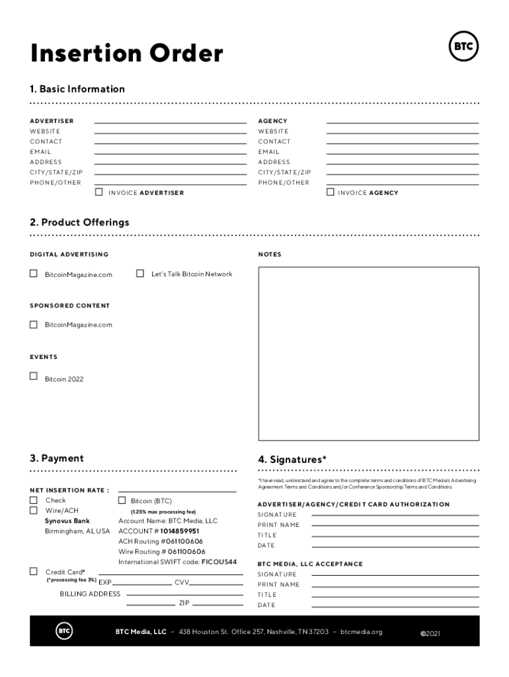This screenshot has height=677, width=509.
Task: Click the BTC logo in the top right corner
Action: [463, 47]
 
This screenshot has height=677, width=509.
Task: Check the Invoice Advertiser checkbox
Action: [99, 192]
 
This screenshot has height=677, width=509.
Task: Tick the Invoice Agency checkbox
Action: [331, 192]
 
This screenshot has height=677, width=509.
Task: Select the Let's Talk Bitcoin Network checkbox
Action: [140, 273]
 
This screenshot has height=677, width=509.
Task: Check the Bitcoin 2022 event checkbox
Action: [34, 376]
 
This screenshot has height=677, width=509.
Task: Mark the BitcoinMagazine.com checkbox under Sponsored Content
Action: [34, 325]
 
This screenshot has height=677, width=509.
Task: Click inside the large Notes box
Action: [368, 353]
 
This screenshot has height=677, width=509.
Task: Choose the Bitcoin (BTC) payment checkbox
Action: [122, 500]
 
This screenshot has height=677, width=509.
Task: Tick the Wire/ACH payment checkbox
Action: [34, 510]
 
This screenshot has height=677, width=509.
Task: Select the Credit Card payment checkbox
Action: [34, 571]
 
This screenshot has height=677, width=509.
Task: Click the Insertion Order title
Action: [126, 54]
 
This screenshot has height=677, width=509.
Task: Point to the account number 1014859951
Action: [180, 531]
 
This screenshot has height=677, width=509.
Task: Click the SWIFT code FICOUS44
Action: [219, 562]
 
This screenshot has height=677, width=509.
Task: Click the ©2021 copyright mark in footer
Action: [430, 633]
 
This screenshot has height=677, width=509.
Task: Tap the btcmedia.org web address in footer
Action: [361, 632]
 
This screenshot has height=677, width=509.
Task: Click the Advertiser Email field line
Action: [170, 152]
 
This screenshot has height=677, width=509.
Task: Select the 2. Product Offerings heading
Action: [79, 222]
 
